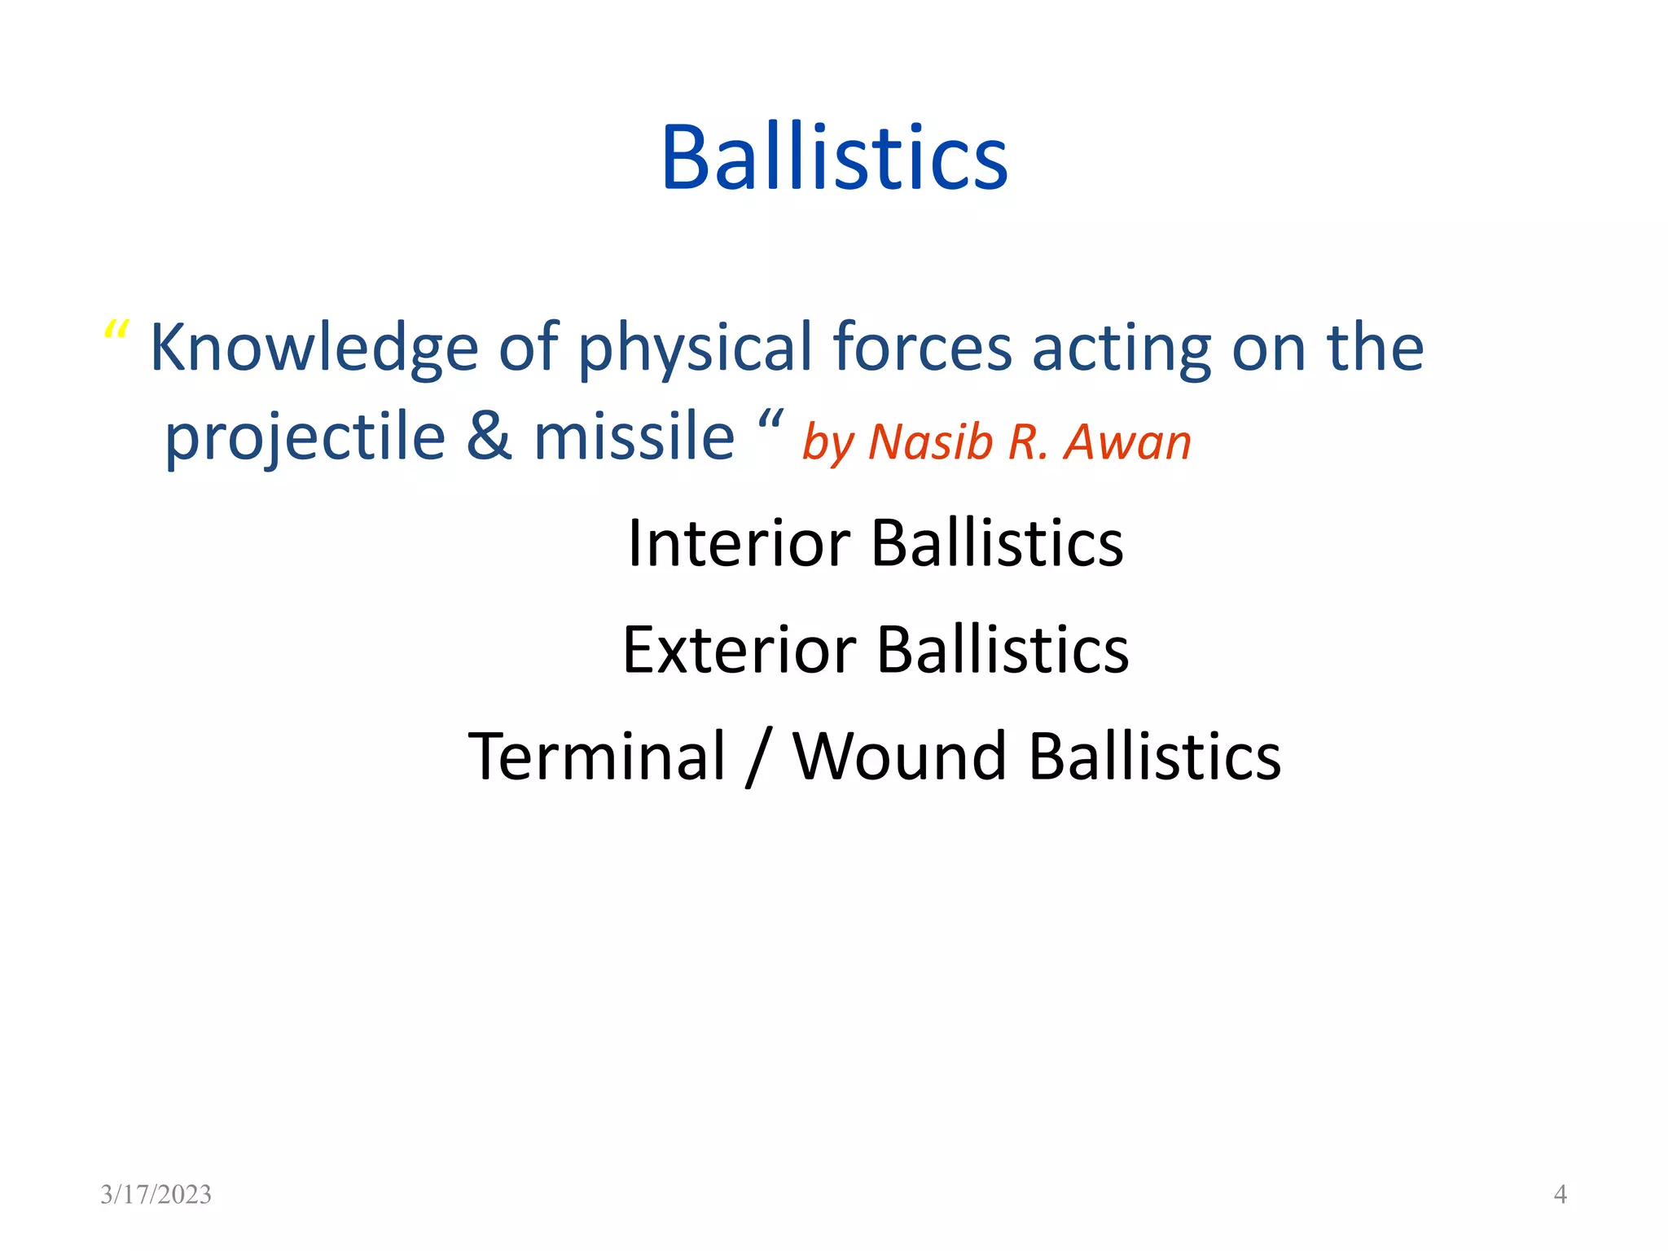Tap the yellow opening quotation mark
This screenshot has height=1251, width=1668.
pyautogui.click(x=116, y=331)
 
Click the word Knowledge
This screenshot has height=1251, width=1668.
pyautogui.click(x=314, y=349)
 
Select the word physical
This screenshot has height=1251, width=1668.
pyautogui.click(x=695, y=349)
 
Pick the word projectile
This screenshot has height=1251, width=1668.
pyautogui.click(x=305, y=437)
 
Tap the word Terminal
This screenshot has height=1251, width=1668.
pyautogui.click(x=596, y=757)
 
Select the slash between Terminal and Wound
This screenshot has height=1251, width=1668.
pyautogui.click(x=758, y=758)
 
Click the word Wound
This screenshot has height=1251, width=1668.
pyautogui.click(x=900, y=757)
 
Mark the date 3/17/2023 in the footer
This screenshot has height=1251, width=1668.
pyautogui.click(x=156, y=1194)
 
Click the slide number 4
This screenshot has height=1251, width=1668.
pyautogui.click(x=1560, y=1194)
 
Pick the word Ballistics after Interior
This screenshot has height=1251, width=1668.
pyautogui.click(x=997, y=543)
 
